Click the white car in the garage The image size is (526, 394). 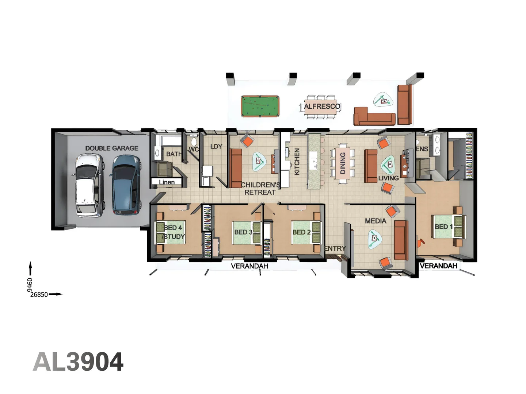pyautogui.click(x=89, y=185)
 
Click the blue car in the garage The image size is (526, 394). pyautogui.click(x=126, y=185)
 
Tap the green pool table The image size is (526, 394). pyautogui.click(x=260, y=106)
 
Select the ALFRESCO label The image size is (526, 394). pyautogui.click(x=322, y=107)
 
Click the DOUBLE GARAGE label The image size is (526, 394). pyautogui.click(x=112, y=148)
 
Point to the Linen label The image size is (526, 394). pyautogui.click(x=167, y=182)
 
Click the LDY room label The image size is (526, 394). pyautogui.click(x=216, y=147)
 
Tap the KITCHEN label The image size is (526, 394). pyautogui.click(x=297, y=161)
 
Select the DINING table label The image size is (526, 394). pyautogui.click(x=343, y=163)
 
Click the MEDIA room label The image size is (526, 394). pyautogui.click(x=376, y=221)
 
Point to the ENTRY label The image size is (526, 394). pyautogui.click(x=335, y=248)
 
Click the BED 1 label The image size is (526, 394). pyautogui.click(x=443, y=227)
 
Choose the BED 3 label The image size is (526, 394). pyautogui.click(x=243, y=232)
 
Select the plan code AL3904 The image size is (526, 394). pyautogui.click(x=78, y=362)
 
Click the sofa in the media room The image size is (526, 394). pyautogui.click(x=401, y=240)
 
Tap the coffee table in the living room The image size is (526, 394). pyautogui.click(x=388, y=165)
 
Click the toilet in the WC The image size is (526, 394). pyautogui.click(x=194, y=141)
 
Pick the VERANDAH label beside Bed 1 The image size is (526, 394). pyautogui.click(x=438, y=266)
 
